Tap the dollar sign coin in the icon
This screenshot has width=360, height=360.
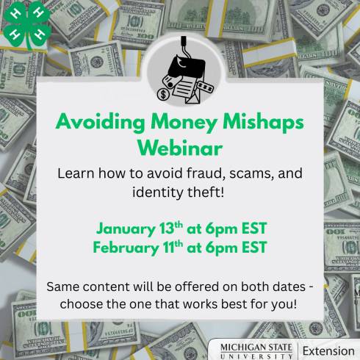click(x=163, y=93)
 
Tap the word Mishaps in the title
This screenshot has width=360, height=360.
click(x=262, y=121)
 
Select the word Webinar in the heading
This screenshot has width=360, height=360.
click(x=180, y=148)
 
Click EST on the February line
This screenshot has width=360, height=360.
click(x=250, y=246)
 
